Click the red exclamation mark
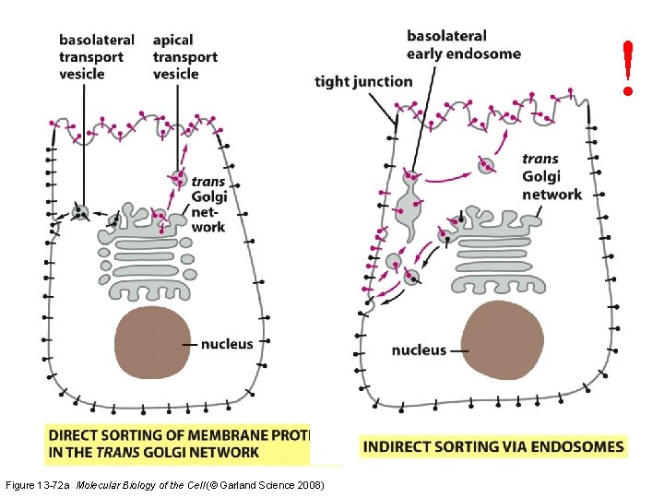click(x=628, y=66)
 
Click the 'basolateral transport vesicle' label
click(x=96, y=56)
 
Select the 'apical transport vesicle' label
click(x=184, y=56)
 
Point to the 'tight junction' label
click(x=363, y=81)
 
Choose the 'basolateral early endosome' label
click(x=463, y=44)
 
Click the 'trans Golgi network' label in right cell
click(x=551, y=176)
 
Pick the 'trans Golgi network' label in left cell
click(x=208, y=204)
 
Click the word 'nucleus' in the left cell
click(x=227, y=344)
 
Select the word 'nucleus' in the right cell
click(x=418, y=350)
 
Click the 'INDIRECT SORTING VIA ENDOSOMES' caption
click(x=493, y=447)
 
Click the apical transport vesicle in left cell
click(x=177, y=177)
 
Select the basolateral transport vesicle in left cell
click(x=81, y=213)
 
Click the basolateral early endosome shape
click(x=408, y=207)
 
